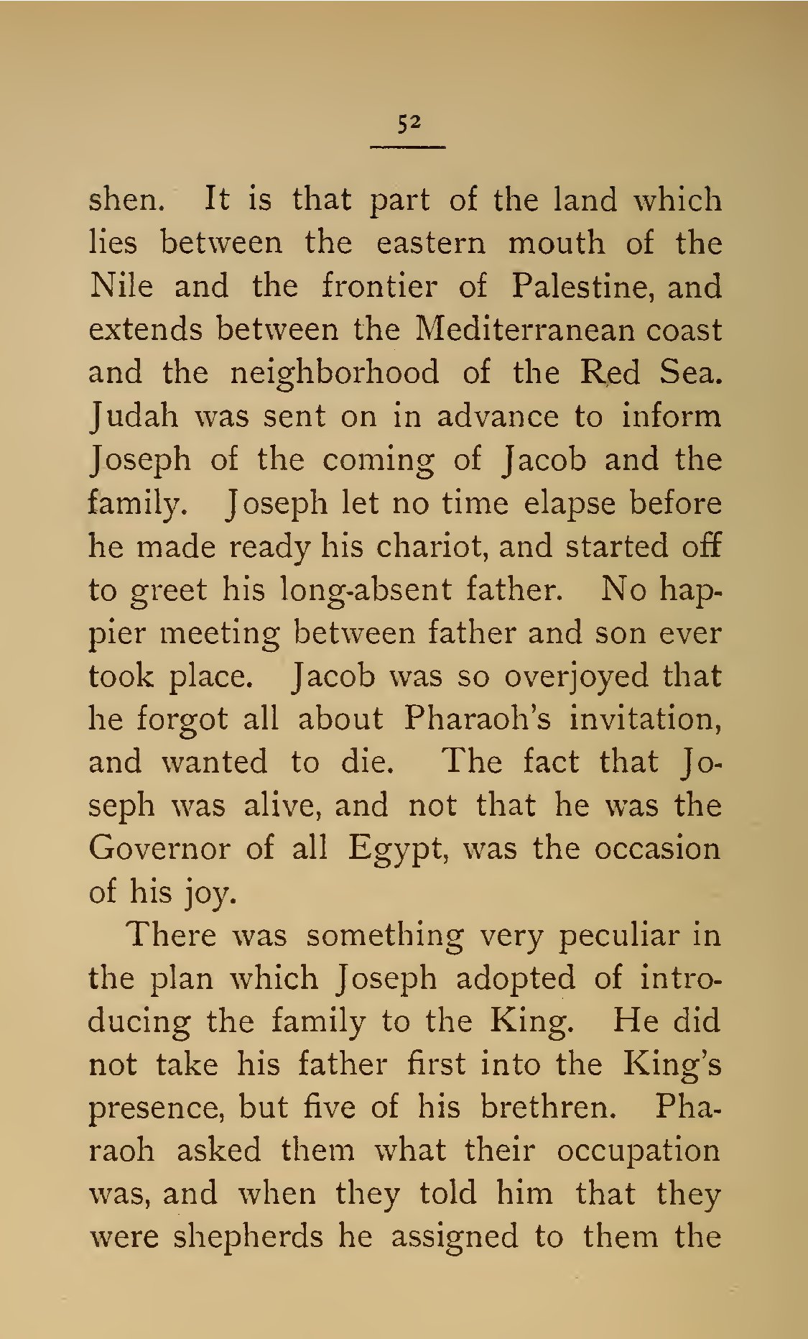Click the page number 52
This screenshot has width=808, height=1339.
pos(408,123)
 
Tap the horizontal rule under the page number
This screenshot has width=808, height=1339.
pos(408,147)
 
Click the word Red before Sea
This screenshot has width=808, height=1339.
pos(609,372)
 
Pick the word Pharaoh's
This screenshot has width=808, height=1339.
pos(476,719)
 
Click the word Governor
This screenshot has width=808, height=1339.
pos(159,849)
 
